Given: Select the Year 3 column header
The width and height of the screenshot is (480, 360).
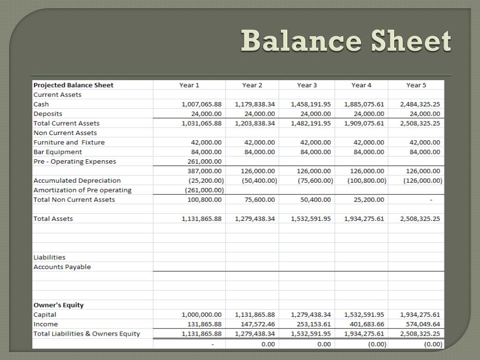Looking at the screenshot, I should [x=307, y=85].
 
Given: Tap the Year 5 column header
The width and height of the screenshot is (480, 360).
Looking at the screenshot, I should [x=416, y=85].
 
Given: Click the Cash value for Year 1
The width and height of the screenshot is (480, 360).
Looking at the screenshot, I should [x=202, y=104].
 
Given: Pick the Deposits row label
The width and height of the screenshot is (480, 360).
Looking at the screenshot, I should [x=48, y=113].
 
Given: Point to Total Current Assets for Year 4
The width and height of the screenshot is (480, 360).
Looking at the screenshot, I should [x=364, y=123].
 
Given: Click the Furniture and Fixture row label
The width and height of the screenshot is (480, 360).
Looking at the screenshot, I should [x=69, y=142].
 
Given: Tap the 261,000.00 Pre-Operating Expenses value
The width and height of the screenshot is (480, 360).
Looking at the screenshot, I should [x=204, y=161].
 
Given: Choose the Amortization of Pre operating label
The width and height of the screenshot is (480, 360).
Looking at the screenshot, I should [x=82, y=190].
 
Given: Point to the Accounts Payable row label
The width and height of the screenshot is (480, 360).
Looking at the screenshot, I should [x=62, y=267].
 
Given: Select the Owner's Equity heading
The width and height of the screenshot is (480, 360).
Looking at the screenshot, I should [x=59, y=305].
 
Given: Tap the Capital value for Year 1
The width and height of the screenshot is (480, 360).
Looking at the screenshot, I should [x=202, y=315].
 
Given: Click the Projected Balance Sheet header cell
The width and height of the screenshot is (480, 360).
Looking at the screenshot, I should [x=74, y=85].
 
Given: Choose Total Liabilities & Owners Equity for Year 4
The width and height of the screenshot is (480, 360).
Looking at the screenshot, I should [x=364, y=334].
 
